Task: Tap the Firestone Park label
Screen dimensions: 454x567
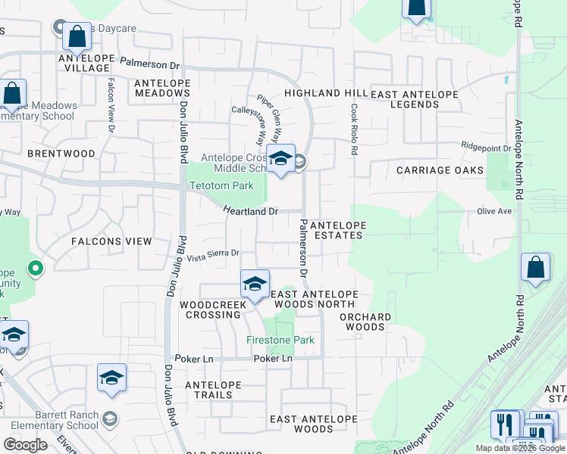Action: [280, 340]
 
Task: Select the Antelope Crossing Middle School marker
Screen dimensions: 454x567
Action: [280, 159]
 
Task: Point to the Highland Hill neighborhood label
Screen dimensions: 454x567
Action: [325, 93]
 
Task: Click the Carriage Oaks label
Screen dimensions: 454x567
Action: [440, 170]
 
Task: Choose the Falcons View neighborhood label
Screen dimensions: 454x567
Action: [111, 241]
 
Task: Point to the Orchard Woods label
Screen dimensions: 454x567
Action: [365, 322]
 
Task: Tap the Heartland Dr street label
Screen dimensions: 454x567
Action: [251, 212]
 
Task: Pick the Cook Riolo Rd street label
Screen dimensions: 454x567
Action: [353, 130]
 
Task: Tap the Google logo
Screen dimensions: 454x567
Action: [25, 445]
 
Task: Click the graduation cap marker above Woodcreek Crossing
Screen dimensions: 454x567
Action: [255, 285]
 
